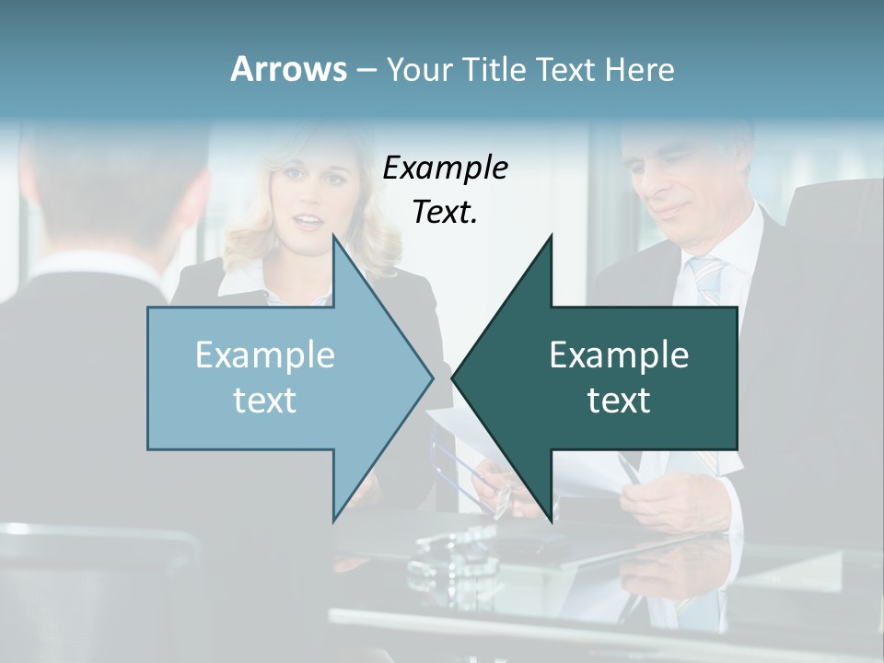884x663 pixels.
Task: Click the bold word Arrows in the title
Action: pyautogui.click(x=288, y=69)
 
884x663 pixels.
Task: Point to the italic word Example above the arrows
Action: pyautogui.click(x=445, y=168)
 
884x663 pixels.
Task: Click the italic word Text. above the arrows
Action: pyautogui.click(x=445, y=212)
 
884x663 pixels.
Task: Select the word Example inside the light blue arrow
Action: pyautogui.click(x=264, y=355)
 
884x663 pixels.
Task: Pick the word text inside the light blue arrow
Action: pyautogui.click(x=264, y=400)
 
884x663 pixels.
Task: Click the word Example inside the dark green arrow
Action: pyautogui.click(x=619, y=355)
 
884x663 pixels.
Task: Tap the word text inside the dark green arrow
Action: pyautogui.click(x=619, y=400)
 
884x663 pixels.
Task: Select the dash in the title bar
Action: pyautogui.click(x=366, y=69)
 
